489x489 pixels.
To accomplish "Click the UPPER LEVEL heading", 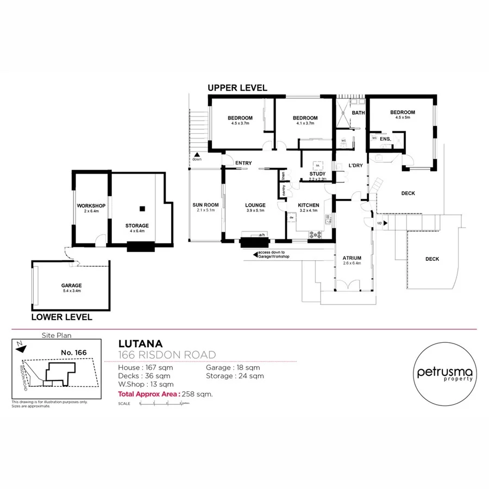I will [237, 87].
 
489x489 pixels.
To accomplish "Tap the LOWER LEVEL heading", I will [61, 317].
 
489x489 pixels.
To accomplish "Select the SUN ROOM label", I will [205, 205].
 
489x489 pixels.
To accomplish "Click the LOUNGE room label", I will [255, 205].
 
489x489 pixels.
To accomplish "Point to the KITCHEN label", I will [309, 205].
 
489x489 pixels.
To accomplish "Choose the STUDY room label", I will [317, 174].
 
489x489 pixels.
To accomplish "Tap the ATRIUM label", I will [353, 259].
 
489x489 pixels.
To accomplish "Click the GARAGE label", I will [71, 285].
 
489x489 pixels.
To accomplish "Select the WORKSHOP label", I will [91, 205].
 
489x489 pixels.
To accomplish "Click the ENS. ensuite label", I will [385, 139].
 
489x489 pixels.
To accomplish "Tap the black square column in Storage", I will [142, 208].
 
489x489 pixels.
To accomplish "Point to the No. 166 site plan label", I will [74, 353].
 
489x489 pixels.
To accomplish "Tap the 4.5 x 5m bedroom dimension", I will [403, 118].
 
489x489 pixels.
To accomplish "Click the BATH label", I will [359, 113].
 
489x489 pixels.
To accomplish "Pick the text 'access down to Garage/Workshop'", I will [274, 254].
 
